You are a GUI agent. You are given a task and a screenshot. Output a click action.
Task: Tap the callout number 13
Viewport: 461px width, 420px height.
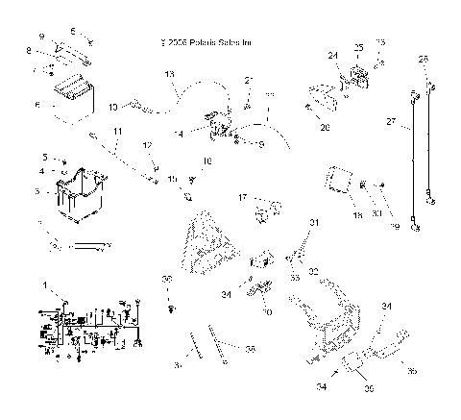[x=170, y=74]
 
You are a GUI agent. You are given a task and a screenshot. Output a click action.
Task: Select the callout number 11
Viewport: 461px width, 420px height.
[x=118, y=130]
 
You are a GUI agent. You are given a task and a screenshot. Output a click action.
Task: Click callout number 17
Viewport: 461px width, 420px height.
[x=243, y=197]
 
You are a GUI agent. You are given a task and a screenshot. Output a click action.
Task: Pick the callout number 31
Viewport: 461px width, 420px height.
[x=311, y=223]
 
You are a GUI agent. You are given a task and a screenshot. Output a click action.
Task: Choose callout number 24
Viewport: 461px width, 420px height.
[x=336, y=55]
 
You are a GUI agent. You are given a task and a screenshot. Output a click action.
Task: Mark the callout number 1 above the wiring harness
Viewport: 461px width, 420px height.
[x=42, y=285]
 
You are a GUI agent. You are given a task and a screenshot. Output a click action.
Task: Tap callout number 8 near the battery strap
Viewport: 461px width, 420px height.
[x=29, y=50]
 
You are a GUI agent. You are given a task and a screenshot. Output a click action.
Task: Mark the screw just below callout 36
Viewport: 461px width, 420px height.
[x=170, y=309]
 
